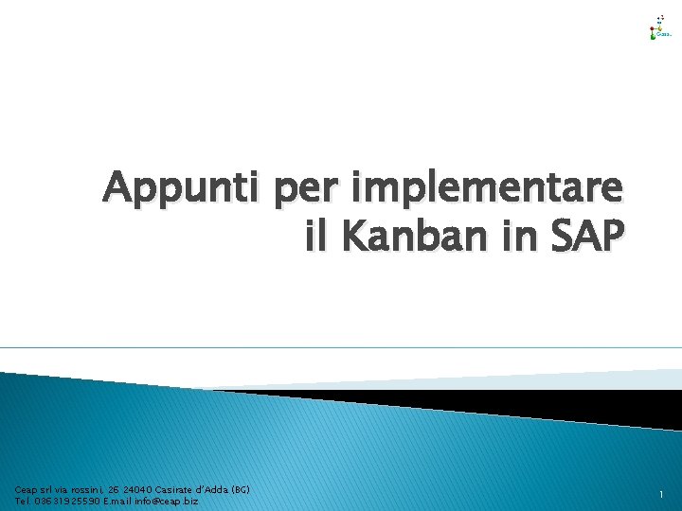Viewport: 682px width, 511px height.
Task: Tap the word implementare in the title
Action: (x=488, y=188)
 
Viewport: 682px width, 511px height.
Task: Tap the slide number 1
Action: (x=661, y=495)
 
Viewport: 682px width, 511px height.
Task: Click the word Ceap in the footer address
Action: (x=25, y=490)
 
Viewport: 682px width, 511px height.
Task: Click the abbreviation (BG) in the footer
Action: (x=239, y=490)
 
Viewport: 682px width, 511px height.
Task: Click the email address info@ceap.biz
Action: (x=168, y=501)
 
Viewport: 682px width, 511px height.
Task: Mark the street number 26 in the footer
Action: (x=112, y=490)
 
